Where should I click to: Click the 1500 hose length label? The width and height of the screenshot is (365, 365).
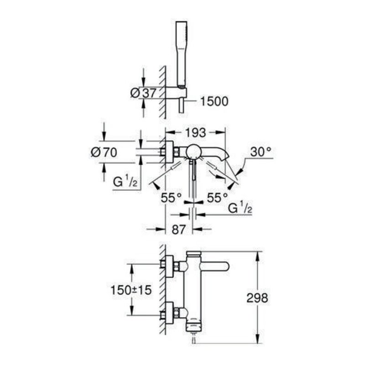[214, 101]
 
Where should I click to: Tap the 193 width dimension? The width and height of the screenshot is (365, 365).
[195, 133]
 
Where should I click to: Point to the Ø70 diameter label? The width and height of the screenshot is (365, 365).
[103, 153]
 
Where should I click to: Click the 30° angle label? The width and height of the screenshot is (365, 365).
[261, 151]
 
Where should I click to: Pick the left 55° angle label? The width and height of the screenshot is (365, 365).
[171, 198]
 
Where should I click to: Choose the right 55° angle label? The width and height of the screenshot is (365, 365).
[217, 198]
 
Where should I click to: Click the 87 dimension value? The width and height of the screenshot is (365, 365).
[178, 229]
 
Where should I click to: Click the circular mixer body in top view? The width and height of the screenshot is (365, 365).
[193, 152]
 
